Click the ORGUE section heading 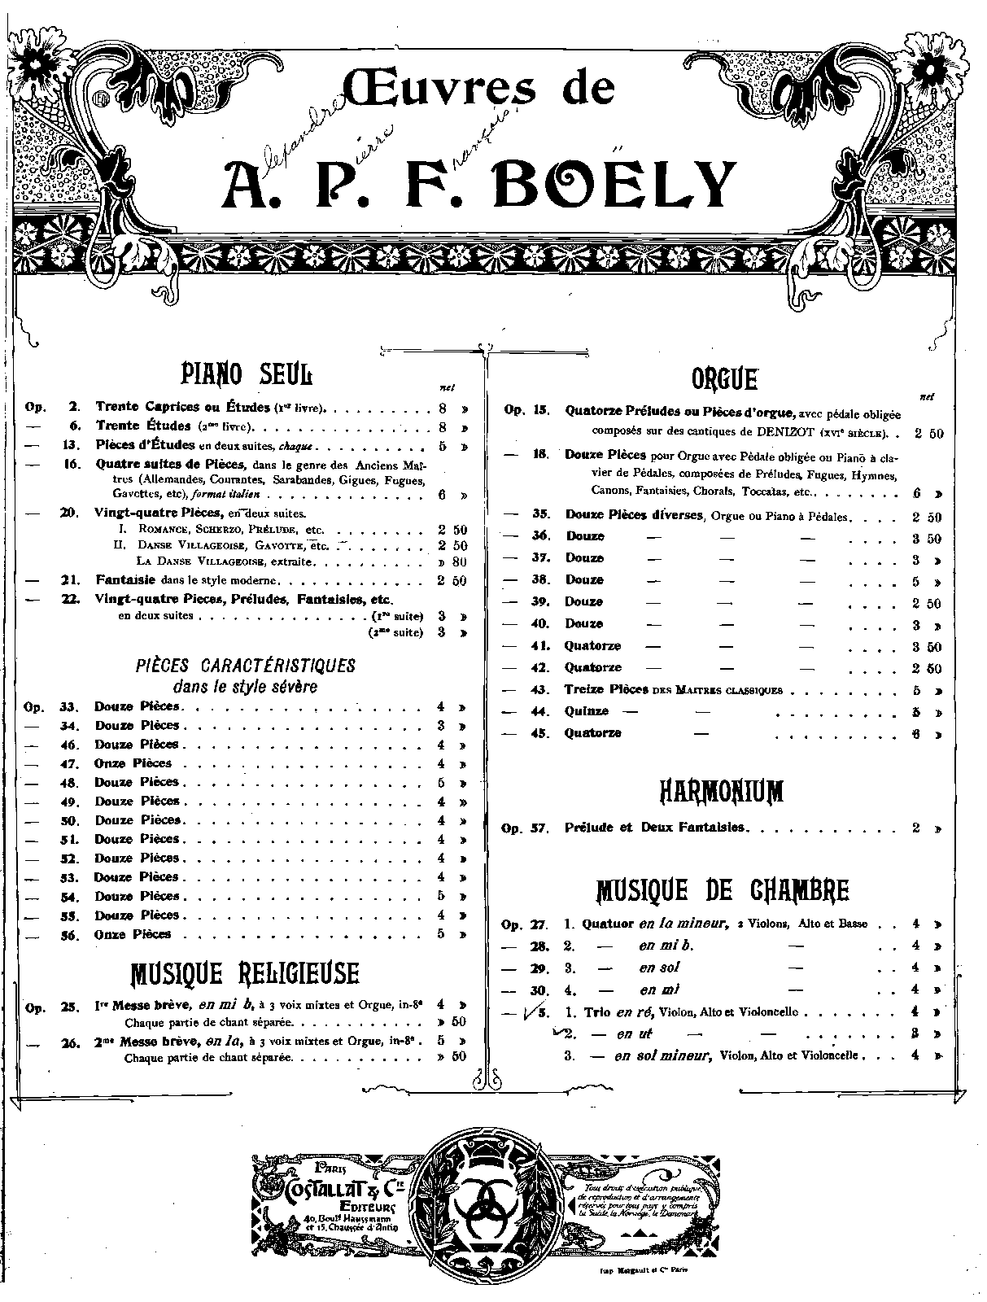click(x=724, y=378)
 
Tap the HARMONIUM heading click(x=723, y=790)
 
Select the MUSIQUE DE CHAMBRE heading click(x=723, y=890)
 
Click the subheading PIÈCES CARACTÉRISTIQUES click(x=246, y=666)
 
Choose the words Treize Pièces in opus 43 click(x=606, y=689)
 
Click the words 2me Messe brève click(x=148, y=1041)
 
